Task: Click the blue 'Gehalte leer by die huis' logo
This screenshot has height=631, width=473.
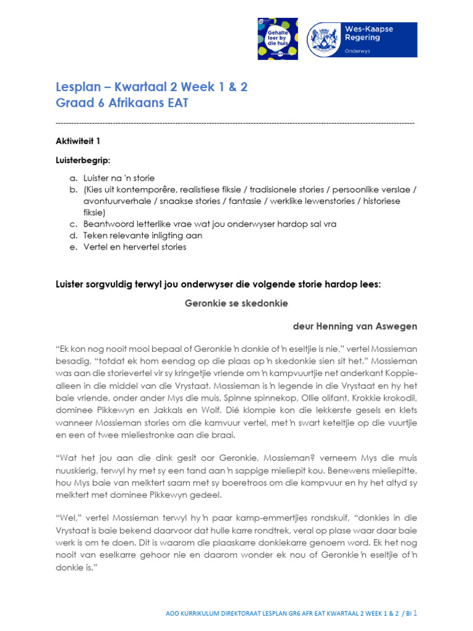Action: (x=278, y=39)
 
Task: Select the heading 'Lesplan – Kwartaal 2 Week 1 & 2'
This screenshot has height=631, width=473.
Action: (x=152, y=87)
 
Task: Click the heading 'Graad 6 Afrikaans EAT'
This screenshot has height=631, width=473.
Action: (x=122, y=104)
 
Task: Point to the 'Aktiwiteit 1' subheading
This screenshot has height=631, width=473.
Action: (x=78, y=141)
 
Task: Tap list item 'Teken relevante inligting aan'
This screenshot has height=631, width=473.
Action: (x=143, y=235)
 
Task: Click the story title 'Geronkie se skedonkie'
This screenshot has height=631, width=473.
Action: (x=236, y=303)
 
